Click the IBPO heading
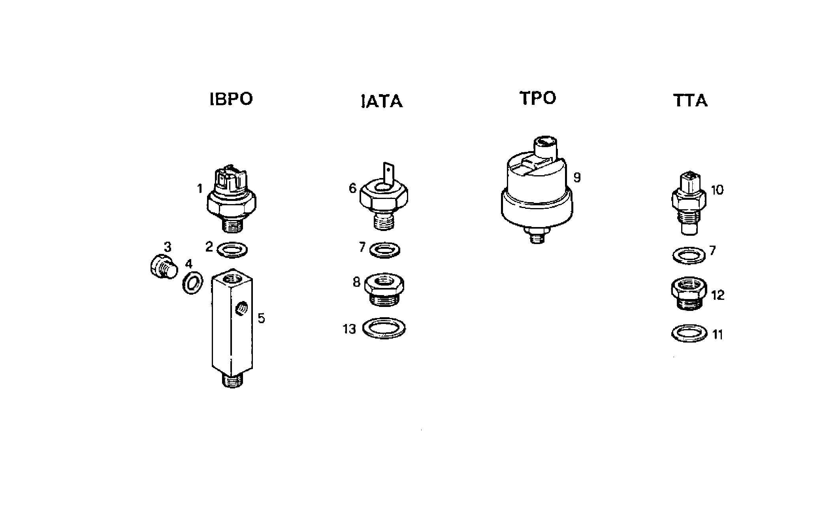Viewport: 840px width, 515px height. [231, 99]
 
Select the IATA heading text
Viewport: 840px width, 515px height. [382, 102]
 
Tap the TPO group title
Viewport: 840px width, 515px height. [537, 98]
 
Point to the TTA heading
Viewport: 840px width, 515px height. [690, 101]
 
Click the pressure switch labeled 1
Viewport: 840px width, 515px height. [232, 200]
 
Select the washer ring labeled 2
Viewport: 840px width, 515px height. [233, 250]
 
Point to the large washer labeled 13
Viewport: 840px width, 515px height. [384, 328]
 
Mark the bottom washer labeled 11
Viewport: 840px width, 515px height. [689, 333]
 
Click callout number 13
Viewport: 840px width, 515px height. [349, 329]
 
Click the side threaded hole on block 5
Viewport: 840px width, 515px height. [241, 307]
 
